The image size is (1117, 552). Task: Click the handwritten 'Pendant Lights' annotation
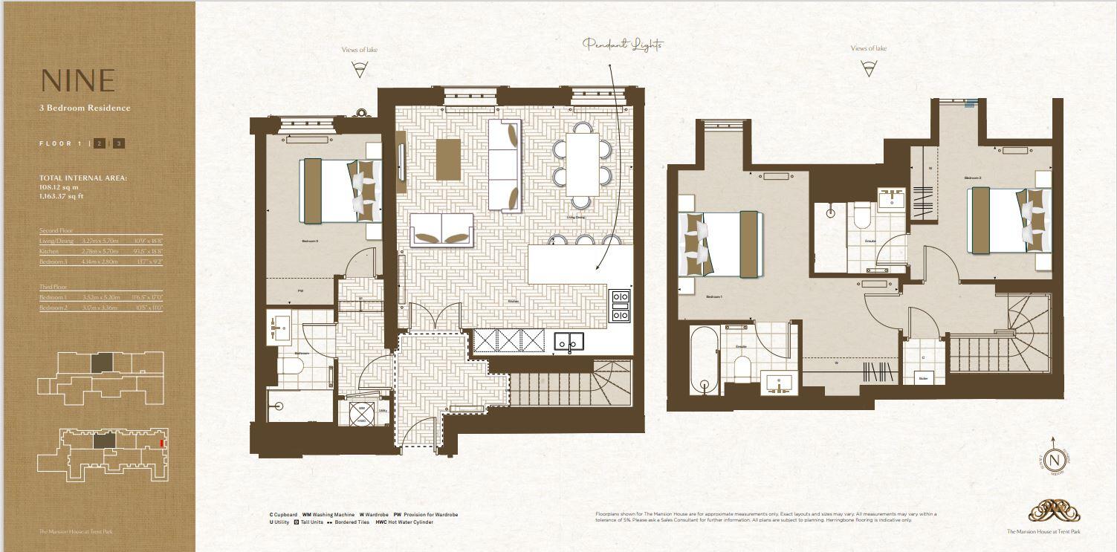click(x=623, y=45)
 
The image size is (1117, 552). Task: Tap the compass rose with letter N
click(x=1054, y=460)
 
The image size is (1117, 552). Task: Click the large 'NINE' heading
click(x=78, y=80)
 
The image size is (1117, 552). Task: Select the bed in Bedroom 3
click(x=340, y=190)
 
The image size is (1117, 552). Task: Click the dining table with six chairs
click(x=582, y=164)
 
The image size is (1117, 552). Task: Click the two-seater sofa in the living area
click(x=441, y=230)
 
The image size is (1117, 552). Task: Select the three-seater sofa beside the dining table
click(x=505, y=165)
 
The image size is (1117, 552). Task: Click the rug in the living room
click(x=448, y=158)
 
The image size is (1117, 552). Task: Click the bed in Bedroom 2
click(x=1008, y=220)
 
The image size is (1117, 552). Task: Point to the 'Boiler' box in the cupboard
click(x=923, y=377)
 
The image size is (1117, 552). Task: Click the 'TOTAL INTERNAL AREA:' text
click(x=83, y=178)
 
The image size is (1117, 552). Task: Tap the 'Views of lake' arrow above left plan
click(x=360, y=70)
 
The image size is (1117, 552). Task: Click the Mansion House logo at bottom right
click(x=1054, y=512)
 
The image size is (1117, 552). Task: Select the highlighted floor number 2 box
click(x=100, y=143)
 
